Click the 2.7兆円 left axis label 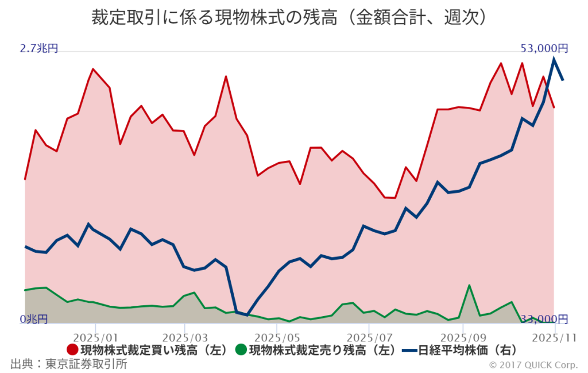click(x=39, y=49)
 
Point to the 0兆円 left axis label click(x=34, y=319)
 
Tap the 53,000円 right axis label click(x=544, y=48)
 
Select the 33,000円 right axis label click(x=544, y=319)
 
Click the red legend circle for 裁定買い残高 click(x=73, y=349)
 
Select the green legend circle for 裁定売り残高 click(x=241, y=349)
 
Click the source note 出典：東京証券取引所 click(x=69, y=364)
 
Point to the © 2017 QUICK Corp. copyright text click(x=534, y=365)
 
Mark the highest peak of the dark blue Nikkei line click(x=554, y=58)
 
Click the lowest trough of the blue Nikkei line click(x=247, y=315)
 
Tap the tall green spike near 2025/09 click(x=469, y=285)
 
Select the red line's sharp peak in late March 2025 click(x=226, y=76)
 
